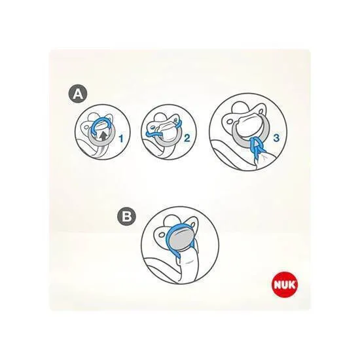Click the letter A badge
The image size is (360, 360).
78,94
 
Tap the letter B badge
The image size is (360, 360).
126,217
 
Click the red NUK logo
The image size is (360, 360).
285,285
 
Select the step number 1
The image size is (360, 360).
121,139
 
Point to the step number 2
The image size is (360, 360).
187,137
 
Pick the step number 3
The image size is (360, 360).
276,137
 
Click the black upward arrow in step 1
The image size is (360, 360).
103,136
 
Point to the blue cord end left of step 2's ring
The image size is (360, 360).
149,134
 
